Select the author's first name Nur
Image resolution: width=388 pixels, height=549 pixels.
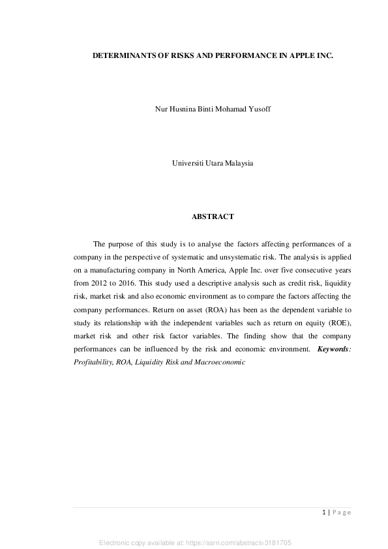click(160, 109)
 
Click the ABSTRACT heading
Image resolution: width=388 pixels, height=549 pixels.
click(212, 216)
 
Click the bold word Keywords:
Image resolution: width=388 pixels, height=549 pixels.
click(334, 349)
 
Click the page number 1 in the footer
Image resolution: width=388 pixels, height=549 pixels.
click(324, 512)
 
